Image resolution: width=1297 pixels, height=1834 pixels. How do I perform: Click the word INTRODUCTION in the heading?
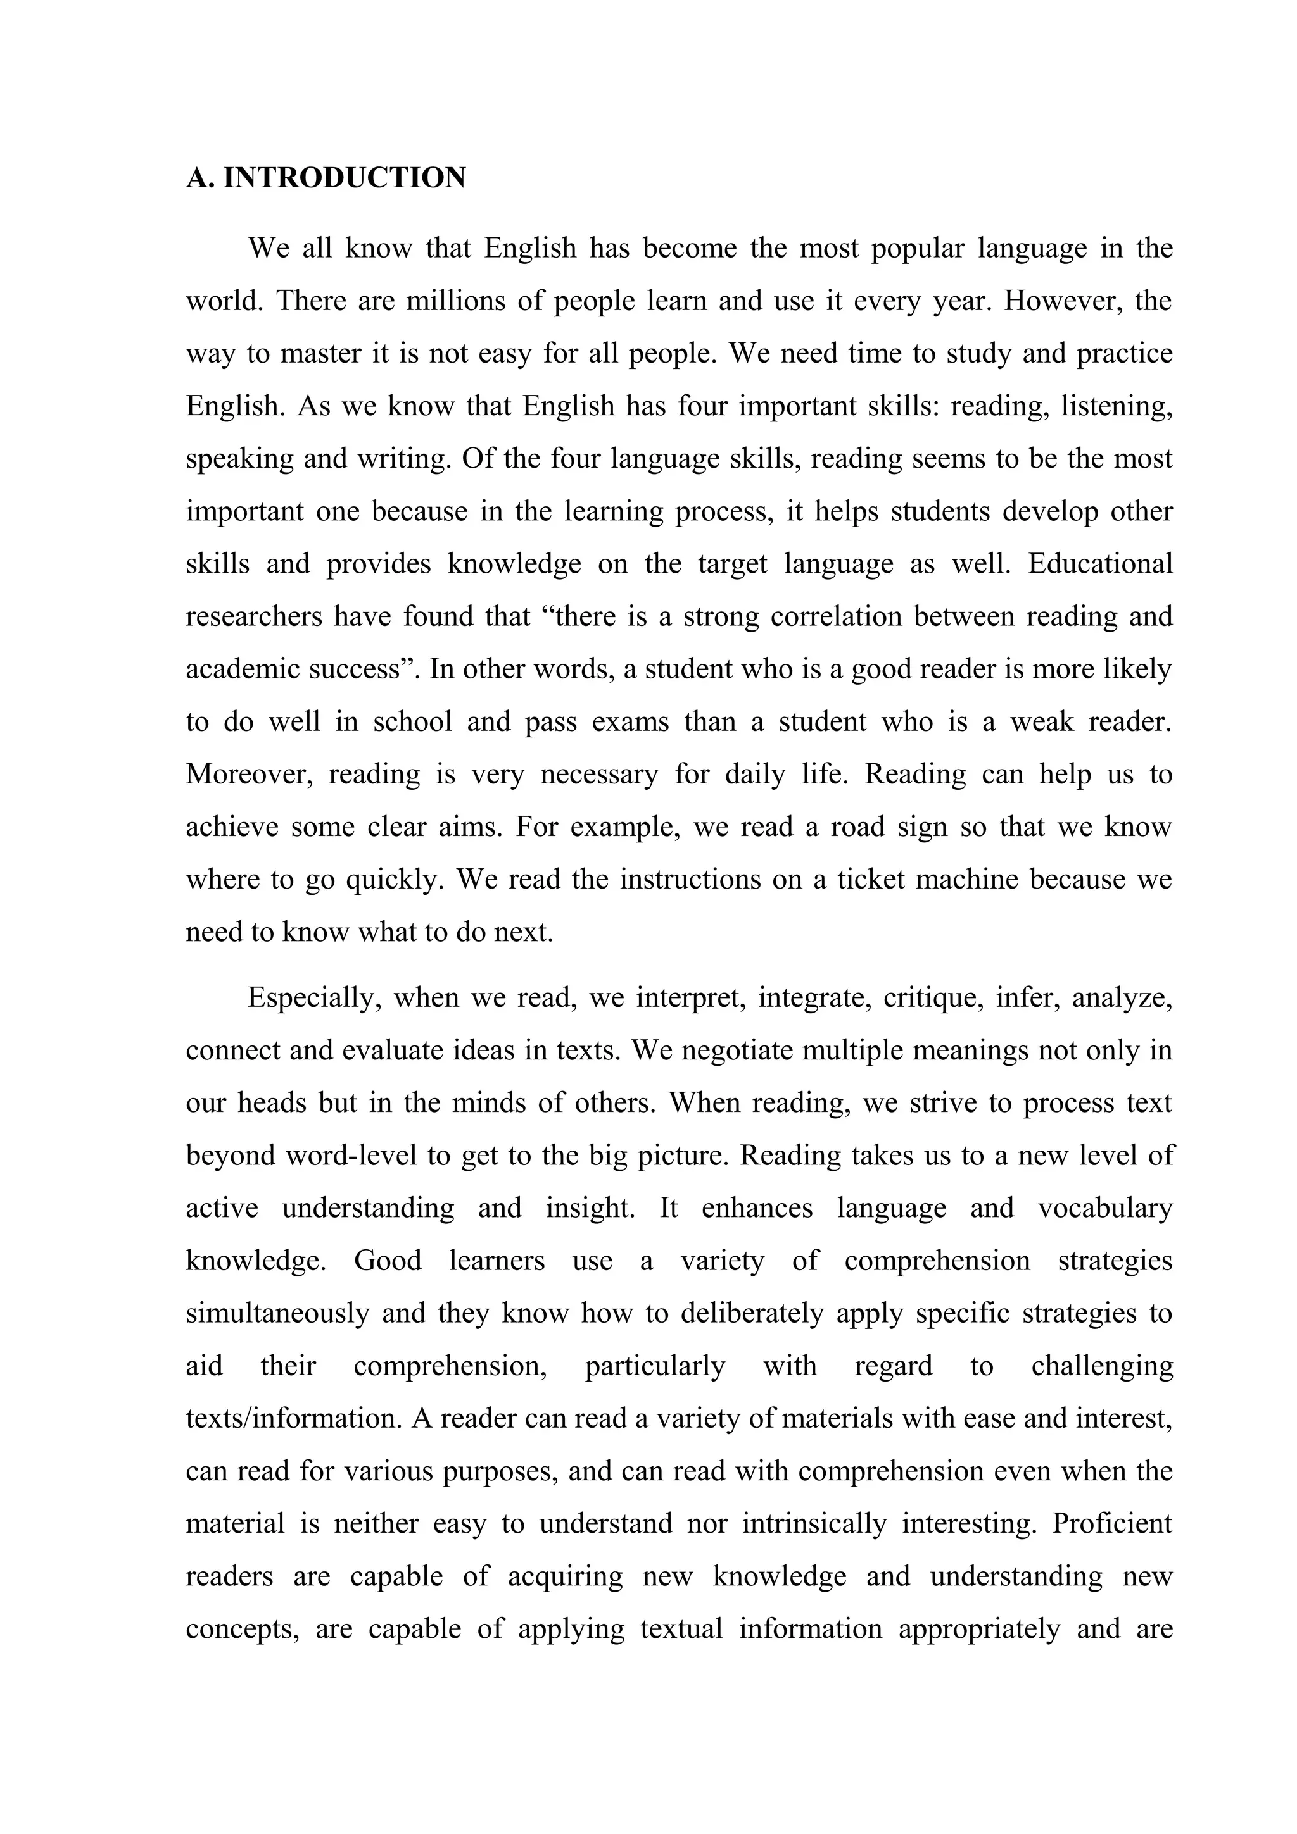344,178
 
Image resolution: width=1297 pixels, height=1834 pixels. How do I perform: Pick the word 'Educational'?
1101,564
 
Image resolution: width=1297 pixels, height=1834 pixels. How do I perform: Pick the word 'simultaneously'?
277,1313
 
